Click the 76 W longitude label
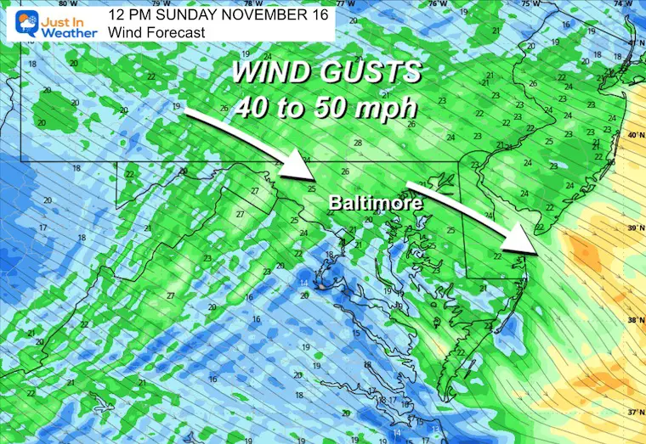(x=435, y=4)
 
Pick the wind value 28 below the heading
(x=358, y=143)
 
